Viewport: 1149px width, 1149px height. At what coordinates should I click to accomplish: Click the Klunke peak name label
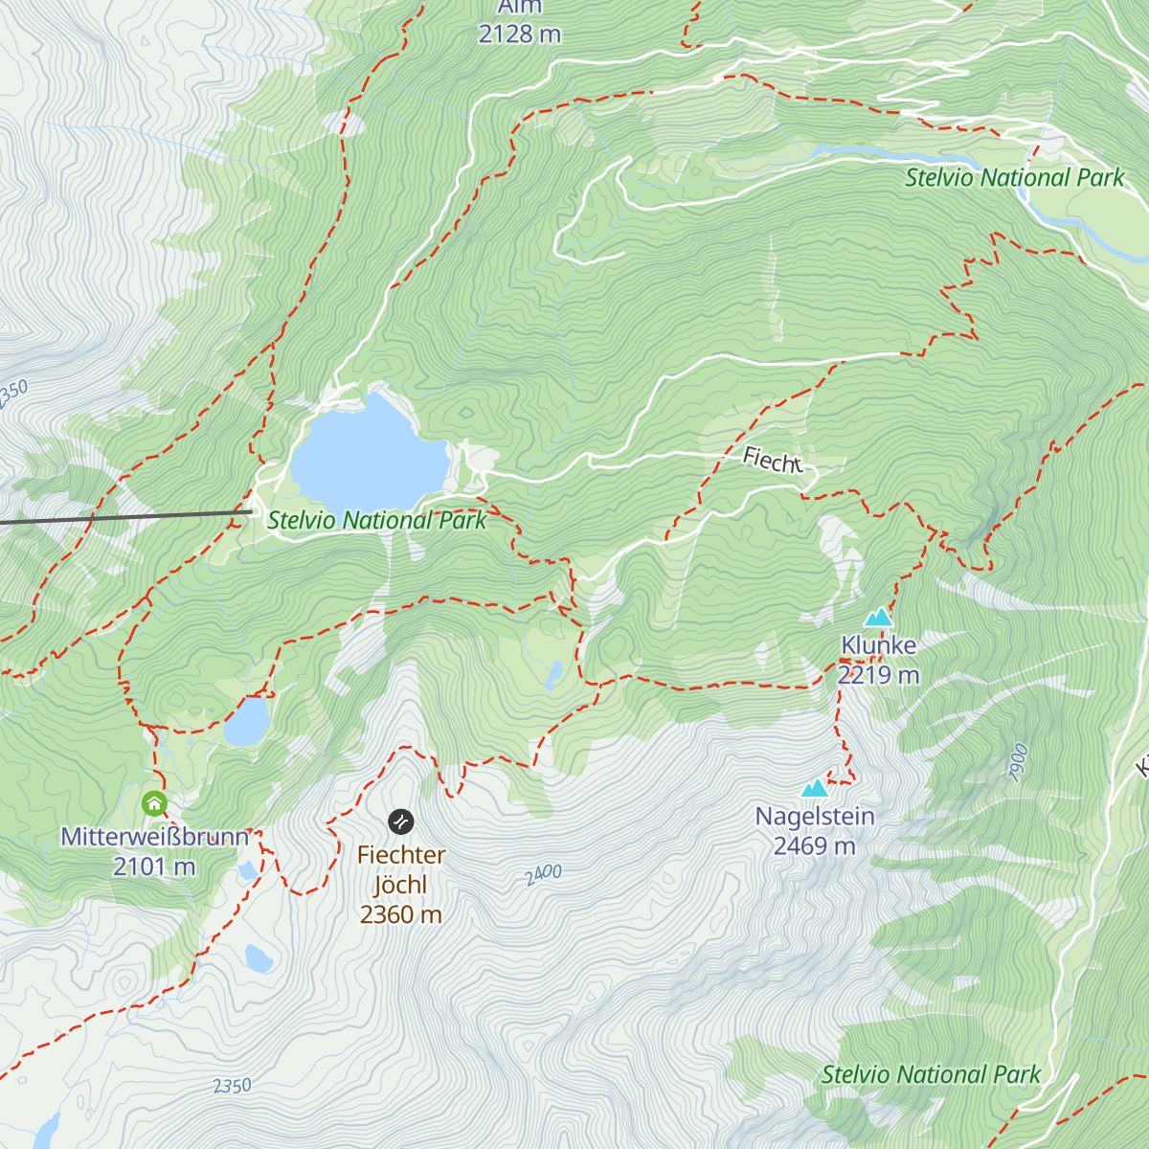coord(878,645)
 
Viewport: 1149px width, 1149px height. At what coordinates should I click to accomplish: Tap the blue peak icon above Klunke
coord(878,618)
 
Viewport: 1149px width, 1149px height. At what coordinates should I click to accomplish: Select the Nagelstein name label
coord(815,817)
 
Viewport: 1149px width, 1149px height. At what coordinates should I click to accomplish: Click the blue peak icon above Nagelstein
coord(815,788)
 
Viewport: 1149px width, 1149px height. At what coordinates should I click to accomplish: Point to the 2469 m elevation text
coord(815,846)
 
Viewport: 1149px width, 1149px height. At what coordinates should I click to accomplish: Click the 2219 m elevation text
coord(878,676)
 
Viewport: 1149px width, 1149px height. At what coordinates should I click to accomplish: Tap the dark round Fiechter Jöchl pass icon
coord(401,822)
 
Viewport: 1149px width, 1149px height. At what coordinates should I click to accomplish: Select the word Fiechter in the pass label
coord(401,855)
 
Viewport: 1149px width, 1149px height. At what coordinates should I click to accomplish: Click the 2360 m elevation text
coord(401,915)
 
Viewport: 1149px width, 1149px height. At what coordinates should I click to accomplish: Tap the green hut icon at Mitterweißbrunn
coord(154,803)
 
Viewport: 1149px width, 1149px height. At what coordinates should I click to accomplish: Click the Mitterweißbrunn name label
coord(155,837)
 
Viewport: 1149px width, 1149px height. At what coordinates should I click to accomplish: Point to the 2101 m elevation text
coord(154,867)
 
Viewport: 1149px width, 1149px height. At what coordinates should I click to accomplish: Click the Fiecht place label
coord(773,462)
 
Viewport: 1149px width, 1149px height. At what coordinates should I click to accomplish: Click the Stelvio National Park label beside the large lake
coord(376,521)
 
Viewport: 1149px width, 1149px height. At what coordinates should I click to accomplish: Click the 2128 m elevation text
coord(520,34)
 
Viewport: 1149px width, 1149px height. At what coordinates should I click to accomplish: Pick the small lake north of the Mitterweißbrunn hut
coord(247,722)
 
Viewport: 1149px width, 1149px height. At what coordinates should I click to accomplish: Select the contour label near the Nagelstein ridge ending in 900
coord(1018,763)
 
